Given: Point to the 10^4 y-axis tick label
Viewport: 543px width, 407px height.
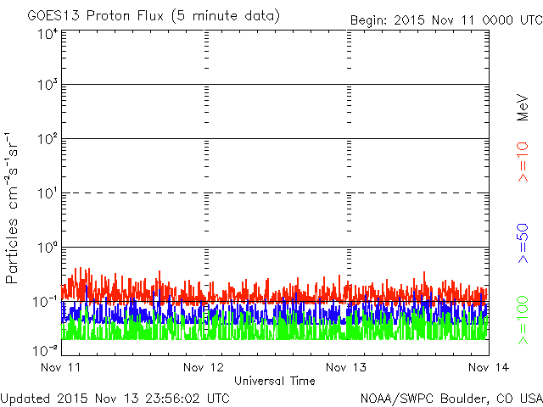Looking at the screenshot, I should coord(47,34).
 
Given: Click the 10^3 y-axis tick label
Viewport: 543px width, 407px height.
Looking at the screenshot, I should coord(47,86).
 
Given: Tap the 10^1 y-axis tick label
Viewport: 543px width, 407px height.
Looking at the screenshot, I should coord(47,194).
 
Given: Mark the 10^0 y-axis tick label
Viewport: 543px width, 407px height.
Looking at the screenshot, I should coord(47,248).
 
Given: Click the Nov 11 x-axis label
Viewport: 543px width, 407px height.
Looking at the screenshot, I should coord(59,367).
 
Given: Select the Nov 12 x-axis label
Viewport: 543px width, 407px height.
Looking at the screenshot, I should coord(204,367).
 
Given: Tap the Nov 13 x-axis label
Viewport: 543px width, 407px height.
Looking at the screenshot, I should coord(346,367).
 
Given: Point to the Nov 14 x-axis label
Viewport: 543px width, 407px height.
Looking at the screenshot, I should coord(487,367).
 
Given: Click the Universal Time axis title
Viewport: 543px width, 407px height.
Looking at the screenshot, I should coord(274,381).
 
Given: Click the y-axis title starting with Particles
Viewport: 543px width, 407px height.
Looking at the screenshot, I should coord(14,209).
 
